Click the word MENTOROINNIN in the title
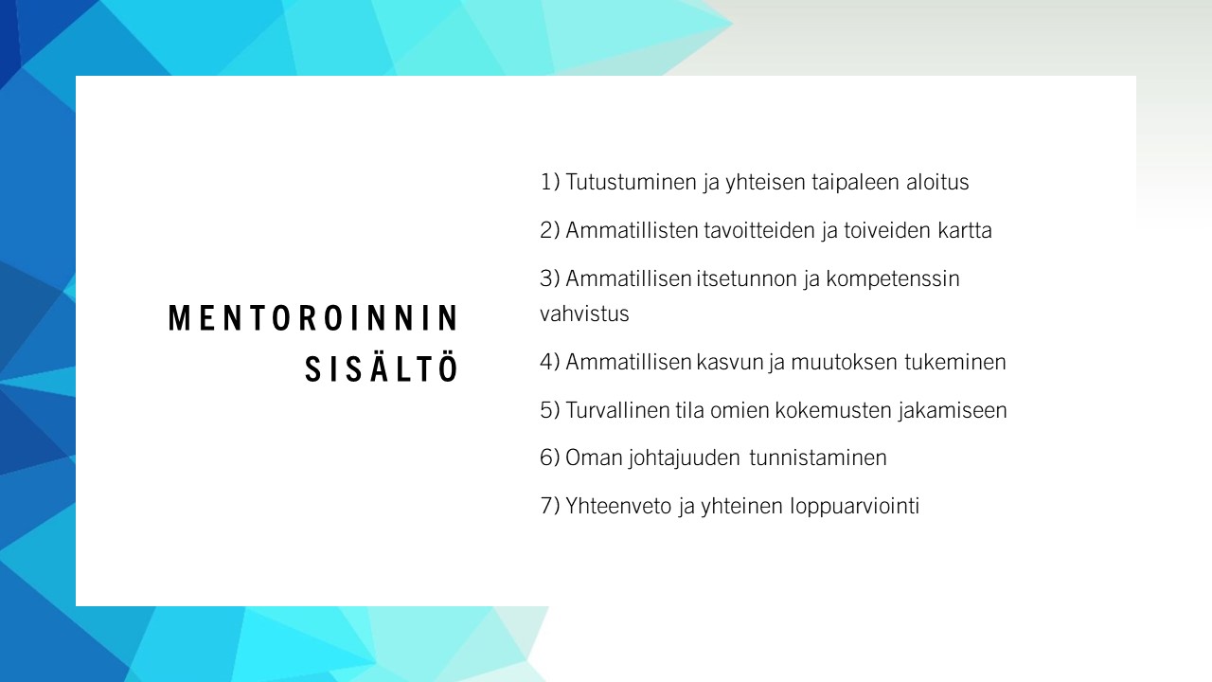[x=313, y=317]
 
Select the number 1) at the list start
[x=550, y=182]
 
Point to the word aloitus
[x=937, y=182]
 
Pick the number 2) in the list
[x=550, y=230]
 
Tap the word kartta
[x=965, y=230]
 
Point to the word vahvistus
[x=584, y=314]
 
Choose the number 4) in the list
[x=550, y=362]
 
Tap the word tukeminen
[x=955, y=362]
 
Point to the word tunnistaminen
[x=818, y=458]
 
